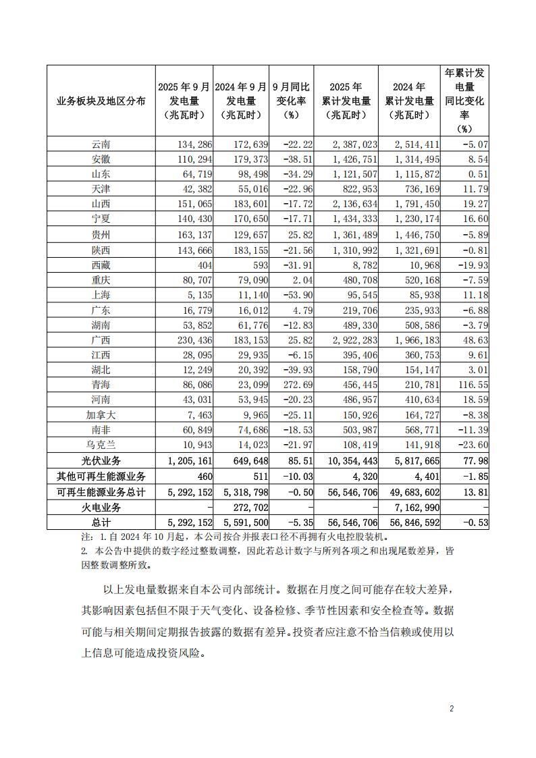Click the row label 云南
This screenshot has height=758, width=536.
point(101,144)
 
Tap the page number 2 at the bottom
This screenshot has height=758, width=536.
point(452,709)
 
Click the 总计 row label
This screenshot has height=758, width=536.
point(101,522)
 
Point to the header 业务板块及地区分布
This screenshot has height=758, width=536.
point(101,101)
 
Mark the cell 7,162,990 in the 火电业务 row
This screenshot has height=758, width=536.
point(412,507)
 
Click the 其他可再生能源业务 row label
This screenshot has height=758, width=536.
point(101,477)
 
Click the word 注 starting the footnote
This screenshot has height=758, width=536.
point(84,537)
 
